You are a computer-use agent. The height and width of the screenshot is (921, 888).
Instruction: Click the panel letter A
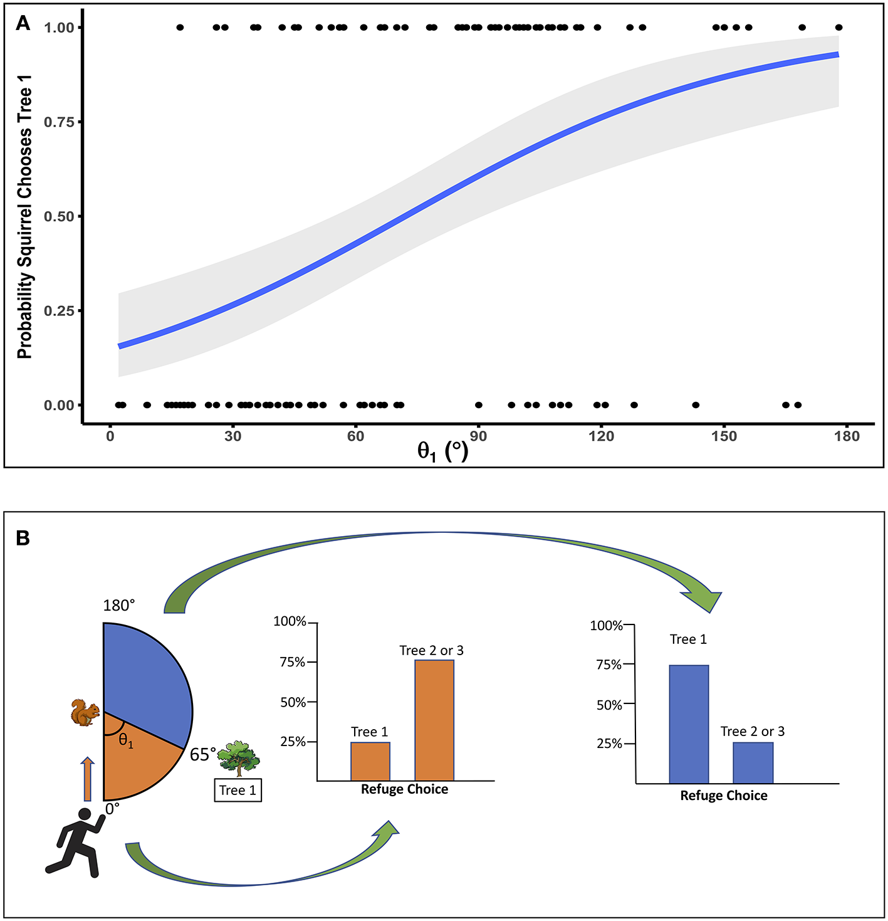23,23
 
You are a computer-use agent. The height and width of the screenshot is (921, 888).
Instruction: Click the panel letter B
23,538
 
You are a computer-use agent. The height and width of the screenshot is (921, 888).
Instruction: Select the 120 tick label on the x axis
601,436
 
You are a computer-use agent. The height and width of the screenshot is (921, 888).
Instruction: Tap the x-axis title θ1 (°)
442,451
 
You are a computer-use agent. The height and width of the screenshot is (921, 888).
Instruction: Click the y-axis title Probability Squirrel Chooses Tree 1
24,216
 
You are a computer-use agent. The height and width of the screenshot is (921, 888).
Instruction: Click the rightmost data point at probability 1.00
838,28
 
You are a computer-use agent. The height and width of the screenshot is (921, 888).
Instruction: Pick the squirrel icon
85,713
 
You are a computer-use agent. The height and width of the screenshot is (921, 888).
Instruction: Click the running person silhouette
74,842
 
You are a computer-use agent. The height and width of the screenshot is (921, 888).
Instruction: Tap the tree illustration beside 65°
239,758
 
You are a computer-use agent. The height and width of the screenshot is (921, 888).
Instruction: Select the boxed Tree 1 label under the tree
238,790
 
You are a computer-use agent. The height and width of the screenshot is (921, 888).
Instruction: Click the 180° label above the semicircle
119,605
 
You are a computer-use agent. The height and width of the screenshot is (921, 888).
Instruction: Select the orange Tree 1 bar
370,761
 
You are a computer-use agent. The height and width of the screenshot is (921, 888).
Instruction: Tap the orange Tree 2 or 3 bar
434,720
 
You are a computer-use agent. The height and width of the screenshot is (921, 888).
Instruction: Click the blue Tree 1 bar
689,724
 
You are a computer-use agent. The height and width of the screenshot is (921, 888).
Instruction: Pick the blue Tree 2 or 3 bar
753,762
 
